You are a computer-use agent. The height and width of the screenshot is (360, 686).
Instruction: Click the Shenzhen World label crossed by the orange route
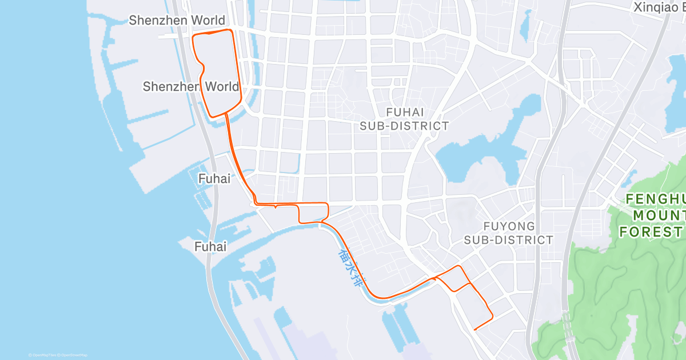[x=191, y=87]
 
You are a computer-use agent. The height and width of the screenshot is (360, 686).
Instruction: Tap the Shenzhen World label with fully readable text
[x=177, y=21]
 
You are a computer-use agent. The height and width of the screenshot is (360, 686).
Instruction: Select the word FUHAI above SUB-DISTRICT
[x=405, y=113]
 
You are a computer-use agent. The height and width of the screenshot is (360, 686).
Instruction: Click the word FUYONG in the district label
[x=509, y=226]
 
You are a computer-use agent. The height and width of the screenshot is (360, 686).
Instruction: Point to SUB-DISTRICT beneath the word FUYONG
[x=508, y=240]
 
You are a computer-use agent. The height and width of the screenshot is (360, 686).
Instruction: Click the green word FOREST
[x=652, y=231]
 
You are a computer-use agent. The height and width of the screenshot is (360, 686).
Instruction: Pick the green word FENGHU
[x=655, y=199]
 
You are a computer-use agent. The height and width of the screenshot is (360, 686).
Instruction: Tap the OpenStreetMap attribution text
[x=74, y=355]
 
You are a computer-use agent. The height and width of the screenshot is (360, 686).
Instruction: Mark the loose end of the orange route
[x=475, y=329]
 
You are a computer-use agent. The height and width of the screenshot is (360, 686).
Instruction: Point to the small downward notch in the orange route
[x=276, y=207]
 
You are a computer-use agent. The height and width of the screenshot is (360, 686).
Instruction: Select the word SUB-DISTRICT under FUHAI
[x=405, y=126]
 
